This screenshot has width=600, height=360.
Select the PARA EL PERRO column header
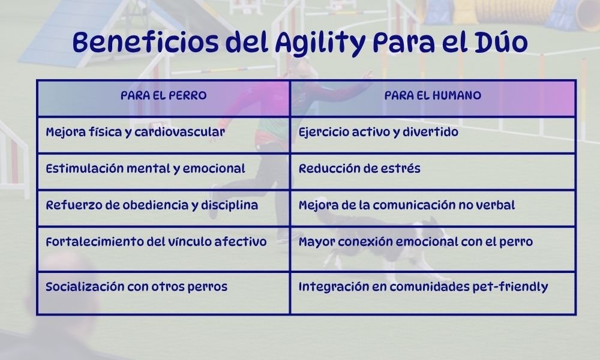coord(163,96)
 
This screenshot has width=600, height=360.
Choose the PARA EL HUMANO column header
coord(433,96)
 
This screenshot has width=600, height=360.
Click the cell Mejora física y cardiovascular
coord(136,132)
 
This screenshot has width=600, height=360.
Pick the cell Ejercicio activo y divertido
coord(378,132)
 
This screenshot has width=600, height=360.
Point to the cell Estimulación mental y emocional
coord(145,169)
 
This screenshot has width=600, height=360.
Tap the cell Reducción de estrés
coord(359,169)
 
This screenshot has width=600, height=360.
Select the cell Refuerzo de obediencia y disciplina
coord(152,205)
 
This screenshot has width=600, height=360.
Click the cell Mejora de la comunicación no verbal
coord(407,205)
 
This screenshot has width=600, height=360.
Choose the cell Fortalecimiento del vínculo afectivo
coord(156,242)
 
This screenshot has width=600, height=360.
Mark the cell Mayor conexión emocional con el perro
coord(415,242)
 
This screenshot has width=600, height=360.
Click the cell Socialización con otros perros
coord(136,287)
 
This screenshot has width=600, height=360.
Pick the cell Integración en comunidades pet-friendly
coord(423,287)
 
